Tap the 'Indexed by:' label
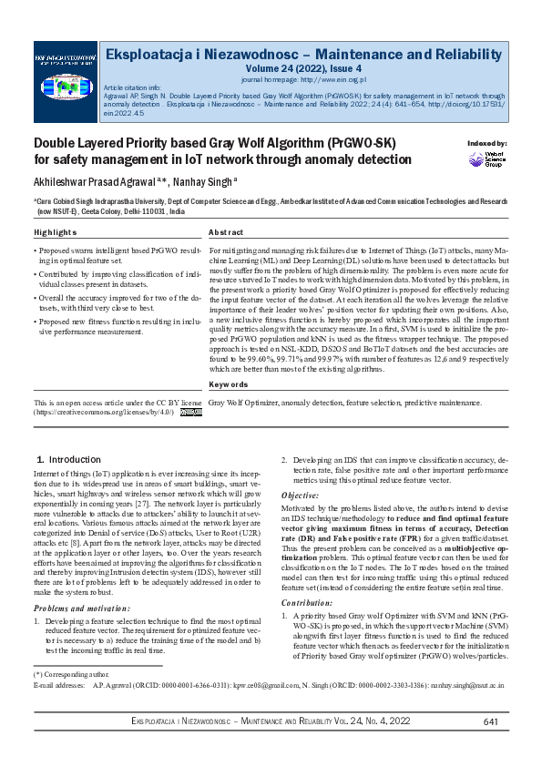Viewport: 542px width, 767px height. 487,144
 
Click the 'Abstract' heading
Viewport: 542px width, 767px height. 226,233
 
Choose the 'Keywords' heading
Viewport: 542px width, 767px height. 228,385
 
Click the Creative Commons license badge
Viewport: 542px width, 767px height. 190,412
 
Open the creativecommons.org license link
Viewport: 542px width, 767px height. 105,412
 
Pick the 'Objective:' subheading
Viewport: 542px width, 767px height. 300,494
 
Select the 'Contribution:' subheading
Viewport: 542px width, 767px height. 306,578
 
